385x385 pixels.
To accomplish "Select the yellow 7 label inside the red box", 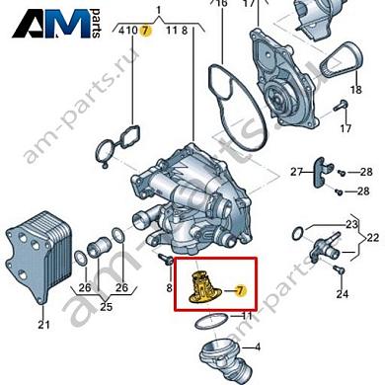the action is [x=241, y=291].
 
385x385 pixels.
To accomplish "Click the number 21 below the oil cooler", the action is [x=43, y=325].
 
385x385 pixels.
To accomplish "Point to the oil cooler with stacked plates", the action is [x=38, y=255].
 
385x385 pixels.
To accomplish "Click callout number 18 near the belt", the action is [x=356, y=90].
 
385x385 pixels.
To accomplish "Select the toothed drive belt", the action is [x=344, y=60].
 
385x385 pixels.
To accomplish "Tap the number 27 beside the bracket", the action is [x=296, y=172].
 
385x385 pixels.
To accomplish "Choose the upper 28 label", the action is [x=366, y=172].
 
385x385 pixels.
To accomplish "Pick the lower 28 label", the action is [x=363, y=191].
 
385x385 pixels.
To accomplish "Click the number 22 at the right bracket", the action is [x=372, y=238].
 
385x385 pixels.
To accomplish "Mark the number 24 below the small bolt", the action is [x=343, y=294].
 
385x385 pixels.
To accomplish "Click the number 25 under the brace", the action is [x=106, y=307].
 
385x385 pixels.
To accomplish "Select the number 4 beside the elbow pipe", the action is [x=258, y=346].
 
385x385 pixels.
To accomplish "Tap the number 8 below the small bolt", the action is [x=169, y=288].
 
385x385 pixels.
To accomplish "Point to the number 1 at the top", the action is [x=159, y=11].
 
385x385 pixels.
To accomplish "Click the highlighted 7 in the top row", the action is [x=145, y=31].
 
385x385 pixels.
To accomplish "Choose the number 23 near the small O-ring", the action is [x=351, y=225].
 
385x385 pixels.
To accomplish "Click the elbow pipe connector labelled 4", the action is [x=223, y=361].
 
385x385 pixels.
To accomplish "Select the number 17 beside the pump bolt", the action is [x=346, y=128].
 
